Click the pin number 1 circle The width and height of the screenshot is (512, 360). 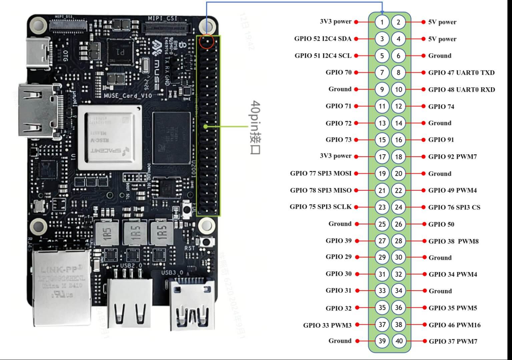click(x=382, y=22)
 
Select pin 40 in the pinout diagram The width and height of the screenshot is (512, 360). click(x=399, y=341)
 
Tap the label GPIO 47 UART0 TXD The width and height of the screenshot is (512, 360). click(x=461, y=73)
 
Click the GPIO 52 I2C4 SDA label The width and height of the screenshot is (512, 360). click(x=323, y=39)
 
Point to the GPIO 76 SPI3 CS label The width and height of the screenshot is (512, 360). click(x=454, y=207)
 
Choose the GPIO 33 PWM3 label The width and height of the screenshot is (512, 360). click(x=327, y=325)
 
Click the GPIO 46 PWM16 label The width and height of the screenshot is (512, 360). click(x=455, y=325)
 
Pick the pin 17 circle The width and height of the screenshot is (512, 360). click(x=382, y=157)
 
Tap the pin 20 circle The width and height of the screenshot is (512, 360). click(x=399, y=174)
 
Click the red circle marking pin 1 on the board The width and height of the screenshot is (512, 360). click(x=206, y=42)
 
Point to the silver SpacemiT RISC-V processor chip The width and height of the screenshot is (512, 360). click(x=110, y=138)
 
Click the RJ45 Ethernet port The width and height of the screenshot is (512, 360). click(x=62, y=287)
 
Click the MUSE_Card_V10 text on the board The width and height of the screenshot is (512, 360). click(x=128, y=96)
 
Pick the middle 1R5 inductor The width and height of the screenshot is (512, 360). click(x=135, y=232)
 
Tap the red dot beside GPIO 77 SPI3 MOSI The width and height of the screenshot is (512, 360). click(x=356, y=173)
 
